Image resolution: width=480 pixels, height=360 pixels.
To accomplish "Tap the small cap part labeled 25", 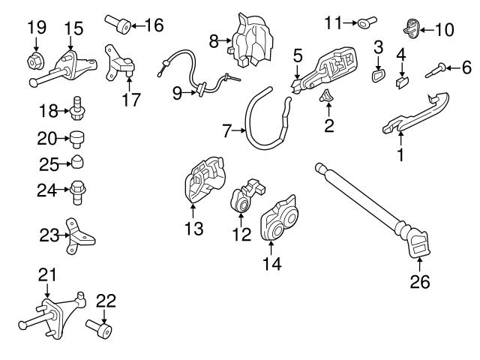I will [78, 163].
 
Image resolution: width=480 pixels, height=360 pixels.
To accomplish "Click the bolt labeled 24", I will [78, 190].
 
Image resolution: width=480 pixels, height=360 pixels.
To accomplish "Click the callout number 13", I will [193, 228].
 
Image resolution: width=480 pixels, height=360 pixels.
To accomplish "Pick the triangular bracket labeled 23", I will [80, 236].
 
